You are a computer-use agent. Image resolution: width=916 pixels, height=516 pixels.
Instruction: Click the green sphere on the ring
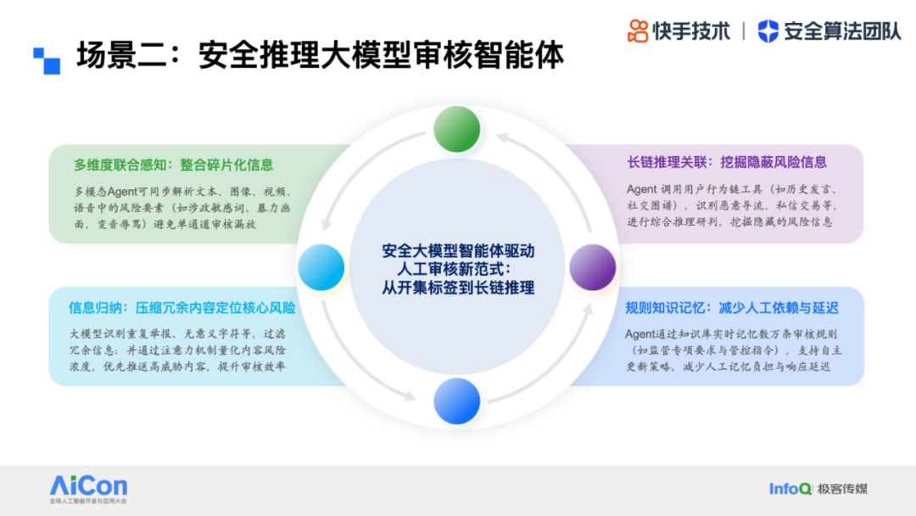click(457, 129)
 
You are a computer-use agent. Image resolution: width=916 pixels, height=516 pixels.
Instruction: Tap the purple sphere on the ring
click(592, 267)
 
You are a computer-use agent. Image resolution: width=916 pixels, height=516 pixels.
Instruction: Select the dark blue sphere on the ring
click(457, 401)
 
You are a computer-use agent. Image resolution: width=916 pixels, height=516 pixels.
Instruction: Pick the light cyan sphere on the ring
click(321, 267)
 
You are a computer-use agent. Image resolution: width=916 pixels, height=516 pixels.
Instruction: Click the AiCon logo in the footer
click(88, 489)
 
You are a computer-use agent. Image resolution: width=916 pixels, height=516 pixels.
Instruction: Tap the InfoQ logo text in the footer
click(790, 489)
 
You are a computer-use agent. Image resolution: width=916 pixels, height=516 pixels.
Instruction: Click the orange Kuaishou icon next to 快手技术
click(638, 31)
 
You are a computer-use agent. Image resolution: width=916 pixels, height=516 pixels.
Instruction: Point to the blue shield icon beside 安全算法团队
click(768, 31)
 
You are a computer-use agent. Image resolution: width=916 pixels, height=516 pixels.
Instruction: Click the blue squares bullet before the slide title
click(47, 61)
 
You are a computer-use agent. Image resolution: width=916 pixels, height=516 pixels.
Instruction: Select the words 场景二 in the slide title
click(107, 55)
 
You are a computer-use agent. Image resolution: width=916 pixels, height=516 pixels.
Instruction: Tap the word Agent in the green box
click(122, 192)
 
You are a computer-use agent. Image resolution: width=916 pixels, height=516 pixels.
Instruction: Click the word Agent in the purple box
click(641, 189)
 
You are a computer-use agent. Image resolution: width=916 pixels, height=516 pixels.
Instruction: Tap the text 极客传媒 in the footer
click(842, 489)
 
